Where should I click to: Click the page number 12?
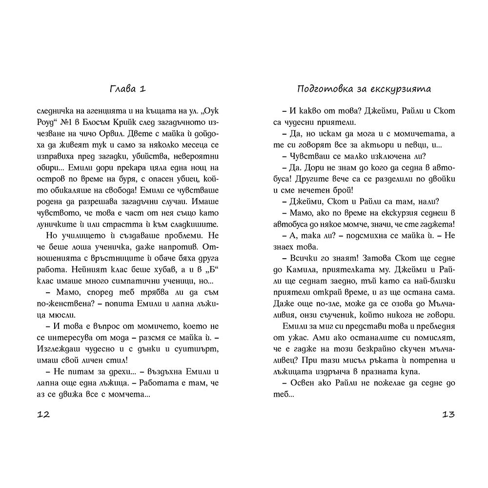(44, 415)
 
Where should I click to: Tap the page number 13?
(448, 415)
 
